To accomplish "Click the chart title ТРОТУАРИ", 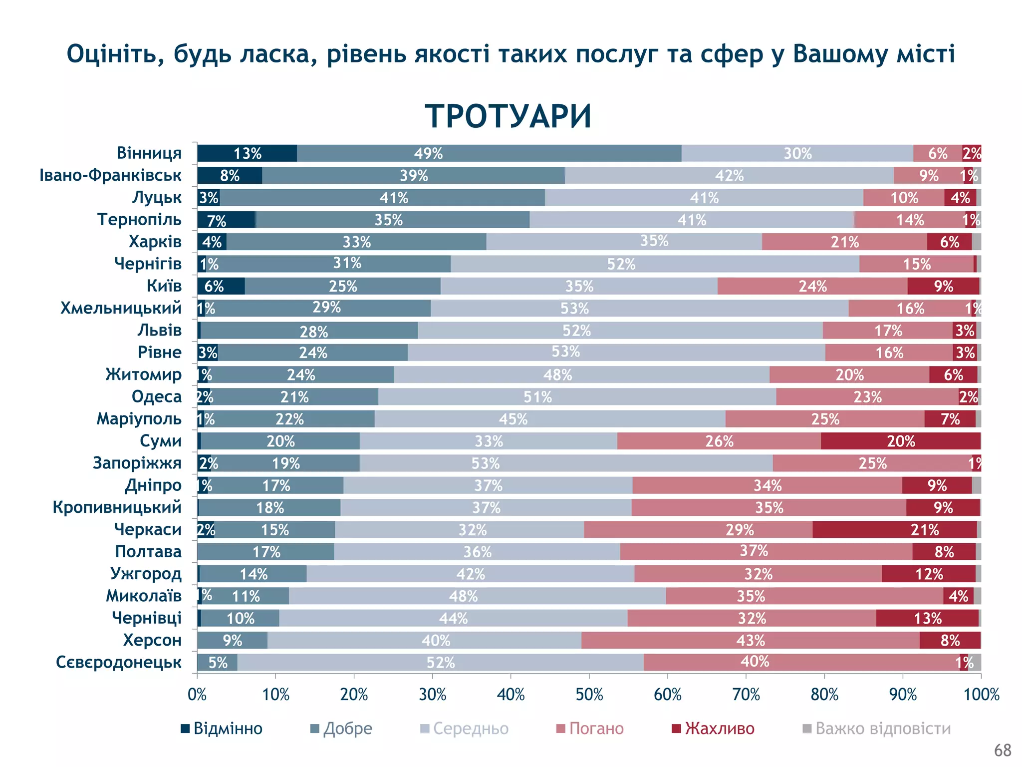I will click(x=508, y=116).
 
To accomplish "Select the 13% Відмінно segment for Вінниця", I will click(x=247, y=153).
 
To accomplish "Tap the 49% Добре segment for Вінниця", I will click(x=489, y=153).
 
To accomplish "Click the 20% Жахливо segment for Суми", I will click(x=901, y=441).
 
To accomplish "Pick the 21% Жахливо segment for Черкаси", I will click(x=894, y=530).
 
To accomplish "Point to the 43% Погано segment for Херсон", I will click(x=750, y=640).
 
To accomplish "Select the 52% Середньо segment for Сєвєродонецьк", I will click(x=440, y=663).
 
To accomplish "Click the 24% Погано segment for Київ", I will click(x=812, y=286).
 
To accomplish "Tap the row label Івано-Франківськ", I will click(x=110, y=175).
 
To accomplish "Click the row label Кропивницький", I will click(x=117, y=507).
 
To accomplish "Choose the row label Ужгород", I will click(x=146, y=574).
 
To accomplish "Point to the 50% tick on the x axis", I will click(x=589, y=695).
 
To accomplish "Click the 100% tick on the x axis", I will click(x=981, y=695).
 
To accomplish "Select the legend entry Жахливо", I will click(x=719, y=729).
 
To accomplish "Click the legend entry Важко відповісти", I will click(x=882, y=729).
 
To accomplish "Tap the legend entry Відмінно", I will click(x=228, y=729).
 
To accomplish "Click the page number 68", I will click(x=1002, y=750).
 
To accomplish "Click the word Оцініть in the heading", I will click(x=116, y=54).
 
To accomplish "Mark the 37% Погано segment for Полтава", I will click(x=766, y=552).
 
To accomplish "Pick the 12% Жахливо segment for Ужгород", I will click(x=929, y=574).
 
